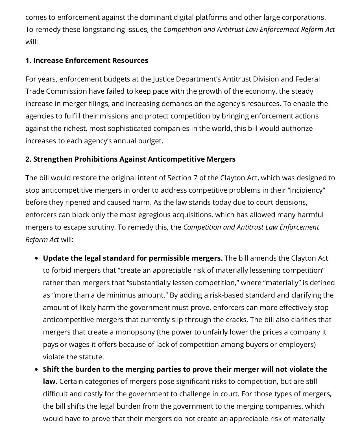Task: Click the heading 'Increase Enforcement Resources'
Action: (x=87, y=60)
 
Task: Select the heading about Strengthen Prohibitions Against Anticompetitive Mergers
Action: (x=130, y=159)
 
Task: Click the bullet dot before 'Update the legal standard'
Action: (x=36, y=258)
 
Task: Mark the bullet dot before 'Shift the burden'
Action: (x=36, y=369)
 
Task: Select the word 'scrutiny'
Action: (x=101, y=227)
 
